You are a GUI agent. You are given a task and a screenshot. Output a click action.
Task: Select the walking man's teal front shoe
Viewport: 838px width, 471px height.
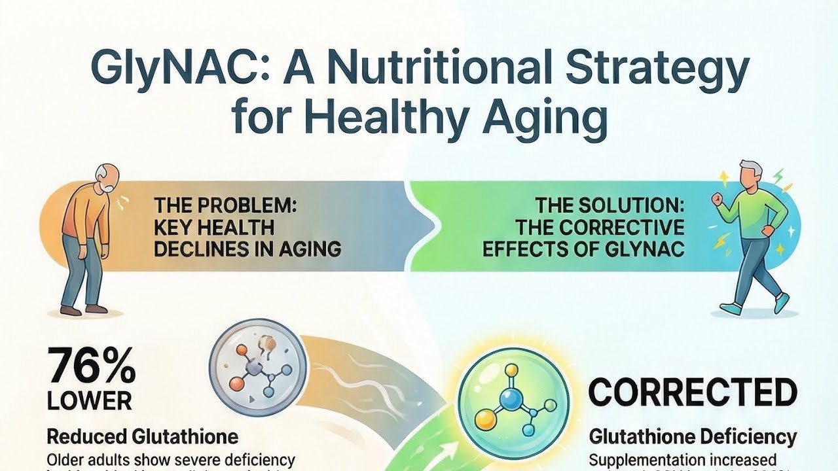pos(782,302)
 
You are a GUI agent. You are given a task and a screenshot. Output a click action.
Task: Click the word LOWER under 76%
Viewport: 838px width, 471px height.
pos(89,400)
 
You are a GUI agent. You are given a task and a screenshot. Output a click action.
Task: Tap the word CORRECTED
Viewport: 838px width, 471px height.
pos(693,392)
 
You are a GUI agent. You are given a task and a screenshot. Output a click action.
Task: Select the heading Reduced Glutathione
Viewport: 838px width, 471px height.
pos(142,436)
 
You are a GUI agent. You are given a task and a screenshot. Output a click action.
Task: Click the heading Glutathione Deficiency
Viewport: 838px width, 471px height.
pos(693,436)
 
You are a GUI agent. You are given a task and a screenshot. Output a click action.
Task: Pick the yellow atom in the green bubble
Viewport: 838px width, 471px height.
pos(483,417)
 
